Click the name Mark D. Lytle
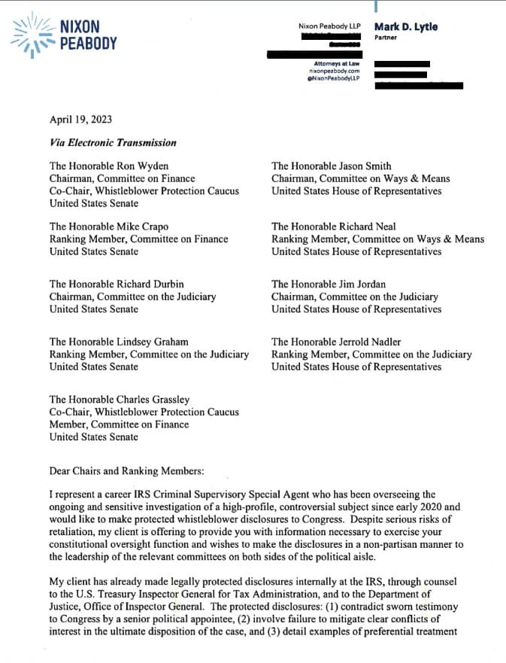point(406,27)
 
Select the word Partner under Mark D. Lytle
point(386,37)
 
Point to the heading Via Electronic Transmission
point(113,142)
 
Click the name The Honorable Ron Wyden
point(109,166)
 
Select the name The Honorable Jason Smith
point(332,166)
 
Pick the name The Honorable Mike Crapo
point(109,227)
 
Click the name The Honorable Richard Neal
point(334,227)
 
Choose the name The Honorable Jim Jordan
point(329,284)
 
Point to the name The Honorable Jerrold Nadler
point(336,342)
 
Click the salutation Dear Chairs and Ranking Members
point(127,471)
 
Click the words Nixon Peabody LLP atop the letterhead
point(329,27)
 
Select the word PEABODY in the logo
point(88,43)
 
